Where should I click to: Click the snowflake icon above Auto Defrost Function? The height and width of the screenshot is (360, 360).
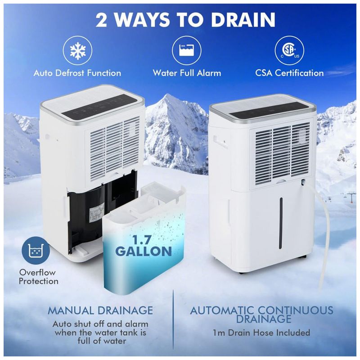[x=77, y=50]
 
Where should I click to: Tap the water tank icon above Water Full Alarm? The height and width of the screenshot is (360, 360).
[x=186, y=50]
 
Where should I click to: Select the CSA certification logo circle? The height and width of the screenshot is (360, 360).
[x=289, y=50]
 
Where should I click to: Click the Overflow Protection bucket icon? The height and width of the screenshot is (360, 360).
[x=36, y=251]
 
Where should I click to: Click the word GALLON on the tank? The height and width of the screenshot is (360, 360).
[x=144, y=252]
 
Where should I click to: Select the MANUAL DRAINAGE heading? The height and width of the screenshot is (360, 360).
[x=100, y=310]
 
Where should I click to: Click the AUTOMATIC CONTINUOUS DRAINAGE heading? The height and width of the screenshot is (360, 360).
[x=261, y=315]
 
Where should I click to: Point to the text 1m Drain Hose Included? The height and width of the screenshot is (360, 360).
[x=261, y=333]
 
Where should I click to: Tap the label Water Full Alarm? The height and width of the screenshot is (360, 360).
[x=187, y=73]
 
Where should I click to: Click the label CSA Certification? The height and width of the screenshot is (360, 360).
[x=289, y=73]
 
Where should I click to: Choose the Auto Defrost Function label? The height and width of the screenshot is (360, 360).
[x=77, y=73]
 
